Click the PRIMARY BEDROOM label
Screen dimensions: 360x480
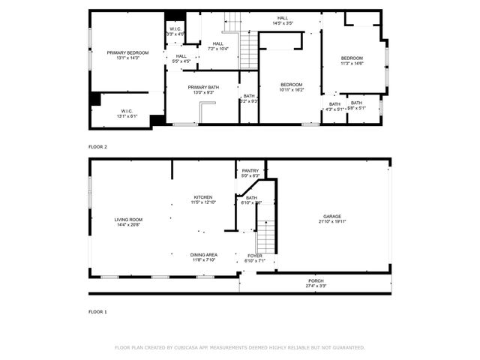tap(127, 52)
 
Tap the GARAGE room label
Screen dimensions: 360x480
tap(332, 216)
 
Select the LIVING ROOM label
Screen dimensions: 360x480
tap(128, 219)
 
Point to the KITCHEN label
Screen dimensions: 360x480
tap(203, 197)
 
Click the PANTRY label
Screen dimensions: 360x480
tap(250, 170)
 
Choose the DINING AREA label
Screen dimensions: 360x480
tap(203, 255)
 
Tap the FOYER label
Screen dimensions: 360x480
tap(255, 256)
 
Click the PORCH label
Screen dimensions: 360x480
tap(316, 280)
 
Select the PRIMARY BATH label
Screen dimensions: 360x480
tap(202, 87)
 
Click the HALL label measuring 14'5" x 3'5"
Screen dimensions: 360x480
tap(282, 19)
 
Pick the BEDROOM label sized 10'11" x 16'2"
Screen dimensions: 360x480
tap(292, 84)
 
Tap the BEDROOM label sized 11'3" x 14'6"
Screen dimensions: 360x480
tap(352, 58)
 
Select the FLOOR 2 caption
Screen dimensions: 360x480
tap(97, 147)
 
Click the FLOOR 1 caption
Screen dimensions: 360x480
tap(97, 311)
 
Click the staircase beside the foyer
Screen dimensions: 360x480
tap(265, 236)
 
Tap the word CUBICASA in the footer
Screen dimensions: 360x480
tap(194, 348)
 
